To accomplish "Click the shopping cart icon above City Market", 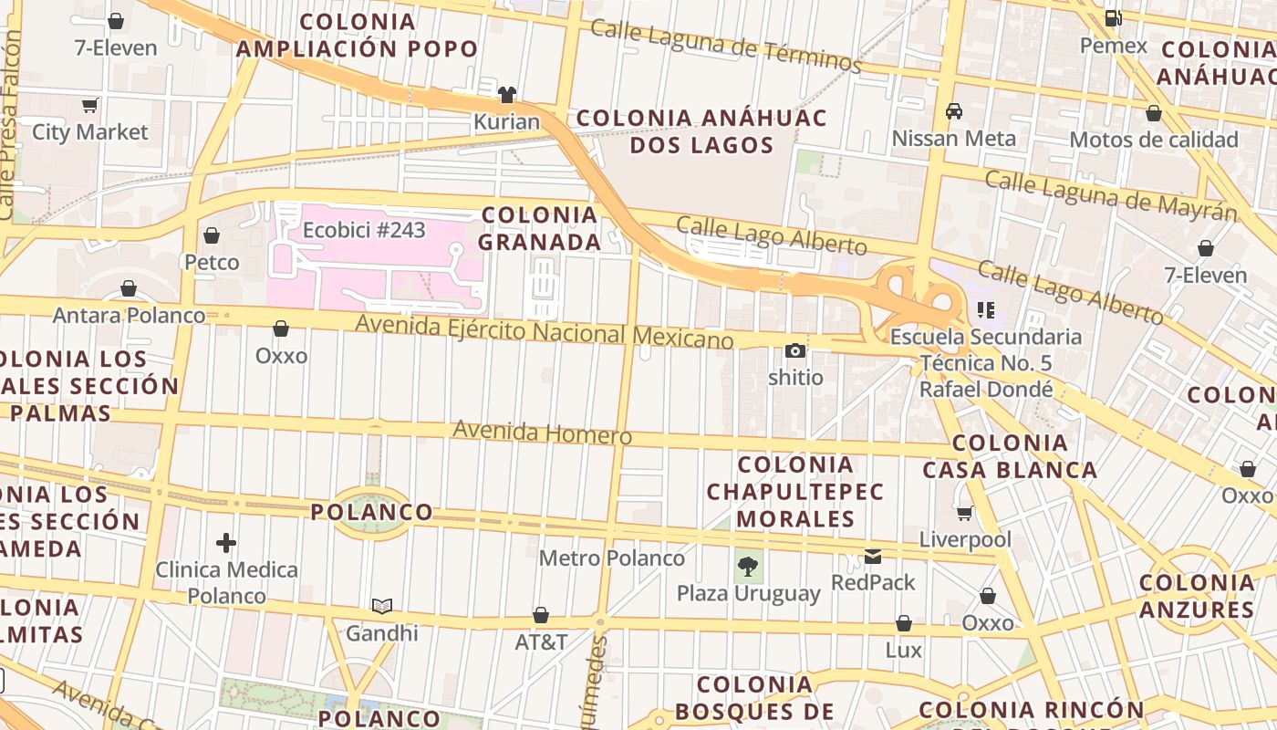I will click(x=89, y=106).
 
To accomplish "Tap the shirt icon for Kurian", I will click(x=507, y=95).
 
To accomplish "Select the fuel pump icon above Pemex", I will click(x=1113, y=18).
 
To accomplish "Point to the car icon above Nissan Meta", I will click(x=954, y=111).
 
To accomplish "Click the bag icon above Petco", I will click(x=212, y=235).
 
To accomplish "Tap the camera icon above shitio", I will click(x=795, y=350).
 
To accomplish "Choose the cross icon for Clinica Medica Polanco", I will click(x=226, y=543).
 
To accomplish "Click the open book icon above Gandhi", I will click(x=382, y=606).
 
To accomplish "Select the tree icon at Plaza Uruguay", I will click(x=748, y=567).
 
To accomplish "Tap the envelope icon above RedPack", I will click(x=873, y=556).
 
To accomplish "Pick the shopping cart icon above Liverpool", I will click(x=965, y=513).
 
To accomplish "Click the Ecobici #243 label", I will click(x=364, y=230).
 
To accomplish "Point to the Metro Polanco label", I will click(x=611, y=558).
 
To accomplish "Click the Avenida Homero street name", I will click(x=543, y=432).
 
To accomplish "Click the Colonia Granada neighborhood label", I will click(x=540, y=228).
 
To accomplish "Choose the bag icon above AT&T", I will click(x=541, y=615).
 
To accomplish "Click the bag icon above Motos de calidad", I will click(x=1154, y=113).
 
